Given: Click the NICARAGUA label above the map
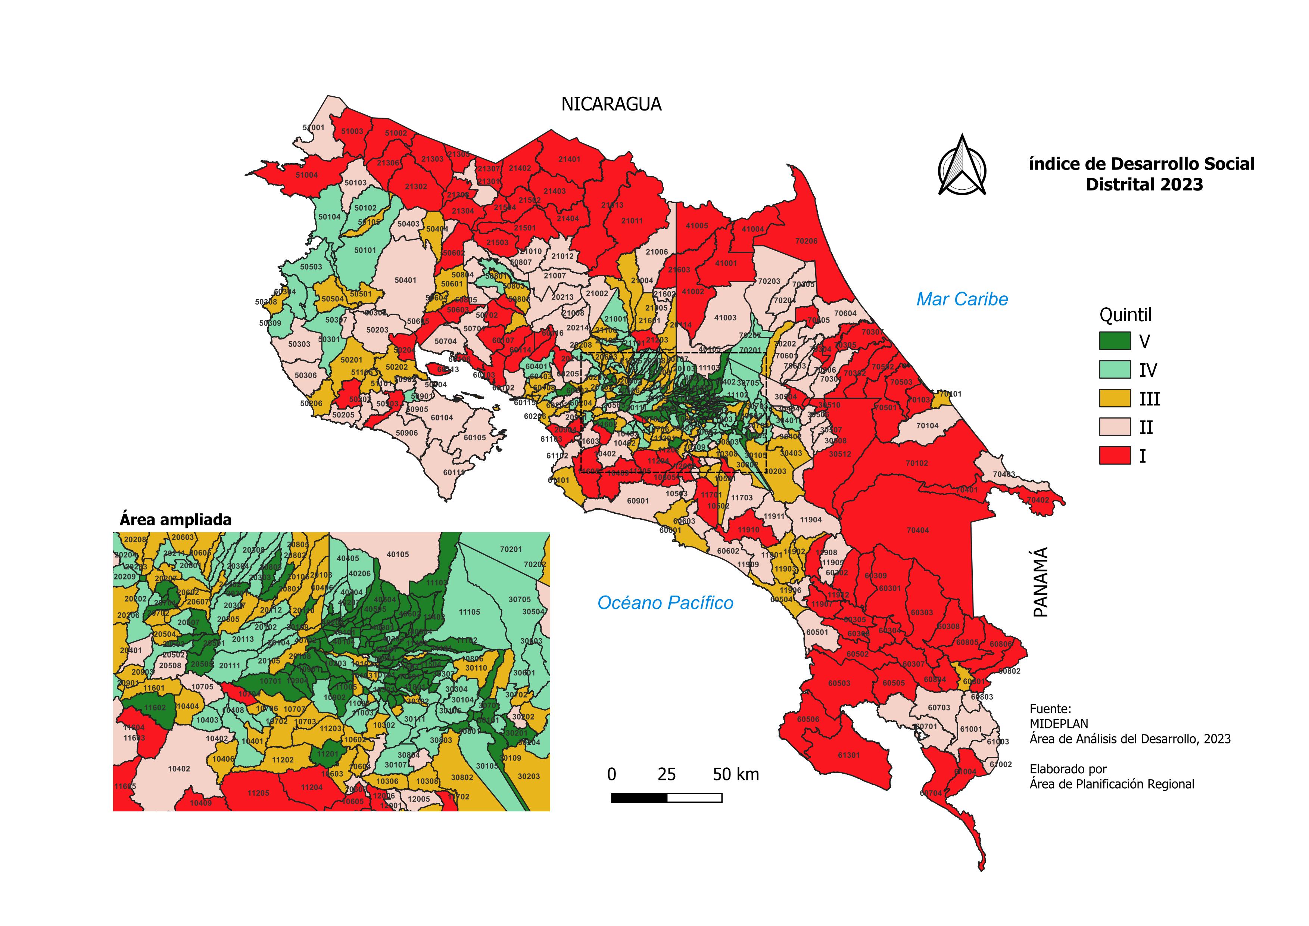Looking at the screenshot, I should tap(611, 104).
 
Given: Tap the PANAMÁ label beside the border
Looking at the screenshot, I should tap(1041, 582).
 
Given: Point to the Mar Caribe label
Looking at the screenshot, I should tap(962, 299).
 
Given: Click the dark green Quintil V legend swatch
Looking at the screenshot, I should tap(1114, 341).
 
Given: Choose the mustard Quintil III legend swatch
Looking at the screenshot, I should tap(1114, 398).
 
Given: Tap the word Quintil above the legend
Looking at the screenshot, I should tap(1125, 315).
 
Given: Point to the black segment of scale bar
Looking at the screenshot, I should tap(639, 798).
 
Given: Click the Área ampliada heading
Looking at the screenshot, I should tap(175, 520).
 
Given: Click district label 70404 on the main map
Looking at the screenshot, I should tap(917, 530).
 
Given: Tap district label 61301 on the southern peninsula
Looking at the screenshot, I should tap(848, 755).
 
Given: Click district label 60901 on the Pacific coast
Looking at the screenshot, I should tap(638, 501).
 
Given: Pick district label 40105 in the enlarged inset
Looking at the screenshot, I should tap(398, 554).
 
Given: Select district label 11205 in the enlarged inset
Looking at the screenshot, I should tap(258, 793).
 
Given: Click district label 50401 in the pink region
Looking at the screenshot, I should tap(405, 280).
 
